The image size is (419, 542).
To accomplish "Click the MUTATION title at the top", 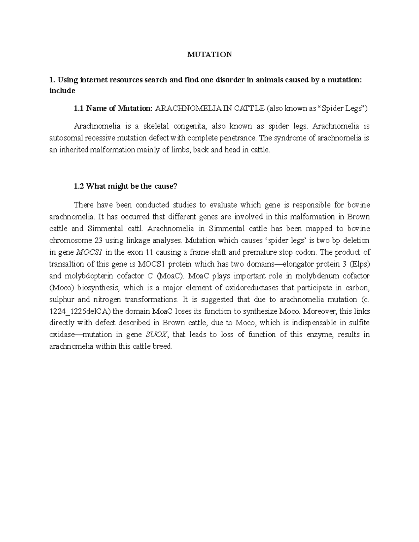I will pos(209,55).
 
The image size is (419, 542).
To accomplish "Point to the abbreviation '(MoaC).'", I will pos(170,276).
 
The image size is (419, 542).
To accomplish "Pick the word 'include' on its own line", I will pos(62,91).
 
